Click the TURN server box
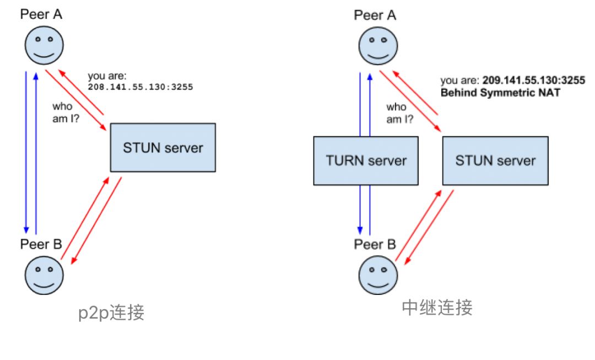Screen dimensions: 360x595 tap(366, 160)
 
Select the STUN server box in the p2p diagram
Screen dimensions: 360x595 tap(163, 148)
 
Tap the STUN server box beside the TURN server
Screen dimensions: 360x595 tap(495, 160)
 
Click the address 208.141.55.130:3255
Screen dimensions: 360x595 tap(140, 87)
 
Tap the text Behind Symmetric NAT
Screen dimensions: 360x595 tap(500, 93)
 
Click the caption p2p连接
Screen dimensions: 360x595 tap(111, 313)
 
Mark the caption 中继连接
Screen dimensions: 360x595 tap(437, 307)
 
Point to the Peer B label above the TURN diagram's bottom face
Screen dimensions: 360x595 tap(375, 243)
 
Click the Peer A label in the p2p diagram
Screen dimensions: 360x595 tap(41, 14)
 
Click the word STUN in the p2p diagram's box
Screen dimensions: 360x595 tap(140, 148)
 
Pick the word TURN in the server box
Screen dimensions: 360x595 tap(344, 160)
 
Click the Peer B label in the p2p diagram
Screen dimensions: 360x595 tap(41, 243)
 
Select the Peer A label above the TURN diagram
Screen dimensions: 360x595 tap(375, 14)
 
